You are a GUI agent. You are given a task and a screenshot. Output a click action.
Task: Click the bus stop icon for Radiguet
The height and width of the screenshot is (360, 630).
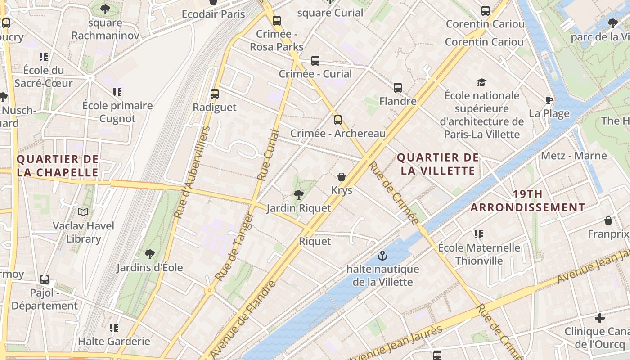[x=215, y=94]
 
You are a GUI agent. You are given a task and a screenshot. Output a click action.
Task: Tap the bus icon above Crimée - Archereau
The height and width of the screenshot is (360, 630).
[x=338, y=120]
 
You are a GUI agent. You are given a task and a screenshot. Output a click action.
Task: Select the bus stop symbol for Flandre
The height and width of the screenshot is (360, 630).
[x=398, y=88]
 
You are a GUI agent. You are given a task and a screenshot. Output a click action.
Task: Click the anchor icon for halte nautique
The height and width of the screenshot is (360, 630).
[x=382, y=256]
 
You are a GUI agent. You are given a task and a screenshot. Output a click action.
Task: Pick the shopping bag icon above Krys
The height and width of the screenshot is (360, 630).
[x=342, y=177]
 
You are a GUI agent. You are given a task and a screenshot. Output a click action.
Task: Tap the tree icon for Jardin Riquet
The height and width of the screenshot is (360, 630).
[x=298, y=194]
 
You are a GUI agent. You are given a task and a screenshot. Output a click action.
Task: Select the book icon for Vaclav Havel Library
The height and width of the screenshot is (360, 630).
[x=83, y=212]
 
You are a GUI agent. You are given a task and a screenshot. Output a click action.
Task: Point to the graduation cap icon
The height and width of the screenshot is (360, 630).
[x=481, y=82]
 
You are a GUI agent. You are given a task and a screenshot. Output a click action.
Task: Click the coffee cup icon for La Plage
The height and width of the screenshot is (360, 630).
[x=549, y=100]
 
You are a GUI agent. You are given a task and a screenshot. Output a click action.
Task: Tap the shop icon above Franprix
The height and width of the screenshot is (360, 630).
[x=608, y=220]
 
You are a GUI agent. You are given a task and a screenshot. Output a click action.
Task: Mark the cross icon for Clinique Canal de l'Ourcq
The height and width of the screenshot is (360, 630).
[x=599, y=318]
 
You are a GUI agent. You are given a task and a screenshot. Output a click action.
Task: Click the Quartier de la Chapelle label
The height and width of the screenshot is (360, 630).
[x=58, y=166]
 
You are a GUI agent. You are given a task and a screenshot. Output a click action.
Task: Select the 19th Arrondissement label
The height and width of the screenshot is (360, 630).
[x=527, y=201]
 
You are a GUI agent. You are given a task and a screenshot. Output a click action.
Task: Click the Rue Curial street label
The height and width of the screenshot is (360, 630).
[x=268, y=155]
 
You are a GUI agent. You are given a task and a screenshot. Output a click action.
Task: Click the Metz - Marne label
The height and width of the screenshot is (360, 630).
[x=574, y=156]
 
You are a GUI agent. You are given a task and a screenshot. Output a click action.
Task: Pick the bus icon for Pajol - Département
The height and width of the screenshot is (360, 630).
[x=45, y=279]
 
